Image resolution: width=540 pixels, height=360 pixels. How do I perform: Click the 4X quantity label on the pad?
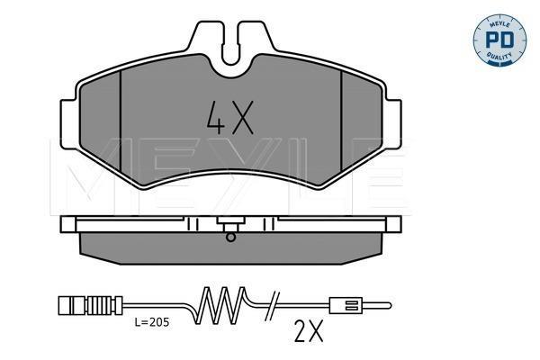coord(230,118)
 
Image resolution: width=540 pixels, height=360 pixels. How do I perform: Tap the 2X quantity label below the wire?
coord(309,331)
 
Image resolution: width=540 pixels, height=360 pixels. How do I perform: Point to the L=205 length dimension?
coord(152,322)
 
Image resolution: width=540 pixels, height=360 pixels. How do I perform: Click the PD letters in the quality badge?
coord(499,40)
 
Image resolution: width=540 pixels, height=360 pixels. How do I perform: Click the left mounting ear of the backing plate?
coord(68,124)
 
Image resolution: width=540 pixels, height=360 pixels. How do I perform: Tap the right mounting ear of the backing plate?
coord(393,124)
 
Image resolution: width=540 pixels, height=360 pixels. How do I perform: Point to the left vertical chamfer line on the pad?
coord(121,121)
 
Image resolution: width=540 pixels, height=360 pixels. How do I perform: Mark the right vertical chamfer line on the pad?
coord(341,121)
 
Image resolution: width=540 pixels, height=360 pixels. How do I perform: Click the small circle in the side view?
coord(230,237)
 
